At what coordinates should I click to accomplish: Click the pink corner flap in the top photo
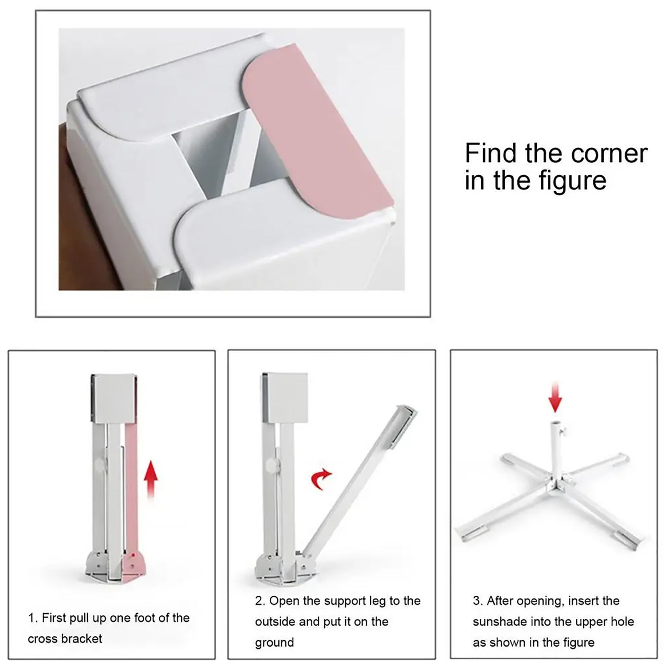[x=317, y=134]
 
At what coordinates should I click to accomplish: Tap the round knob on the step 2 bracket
[x=273, y=466]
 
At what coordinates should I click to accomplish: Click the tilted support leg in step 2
[x=359, y=480]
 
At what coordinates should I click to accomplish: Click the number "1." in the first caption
[x=33, y=618]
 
